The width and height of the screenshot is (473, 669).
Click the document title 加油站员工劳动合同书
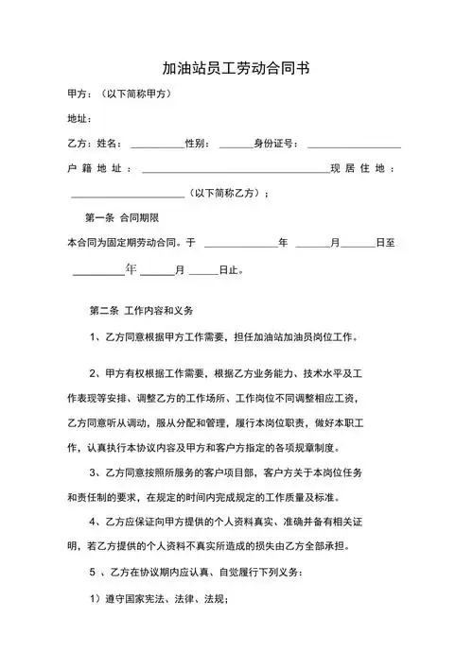(x=236, y=68)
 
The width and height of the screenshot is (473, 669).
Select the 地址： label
(x=79, y=118)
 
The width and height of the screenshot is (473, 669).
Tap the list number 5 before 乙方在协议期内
(x=92, y=573)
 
